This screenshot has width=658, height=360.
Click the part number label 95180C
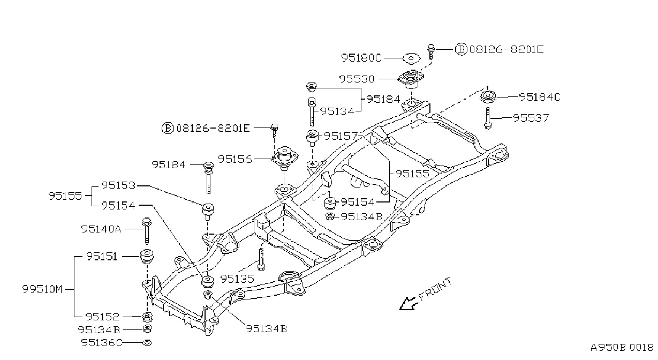(x=361, y=58)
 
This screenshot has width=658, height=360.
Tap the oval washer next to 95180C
(x=411, y=58)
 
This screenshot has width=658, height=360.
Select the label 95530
(x=357, y=79)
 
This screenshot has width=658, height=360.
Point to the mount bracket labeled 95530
(x=411, y=79)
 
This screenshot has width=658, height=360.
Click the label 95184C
(x=540, y=97)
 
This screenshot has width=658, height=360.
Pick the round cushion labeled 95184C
(x=488, y=97)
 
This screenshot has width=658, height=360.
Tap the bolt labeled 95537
(x=488, y=118)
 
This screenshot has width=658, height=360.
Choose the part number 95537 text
(x=531, y=118)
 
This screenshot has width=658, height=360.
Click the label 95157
(x=341, y=136)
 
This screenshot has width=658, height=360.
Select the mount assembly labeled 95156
(x=284, y=158)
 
